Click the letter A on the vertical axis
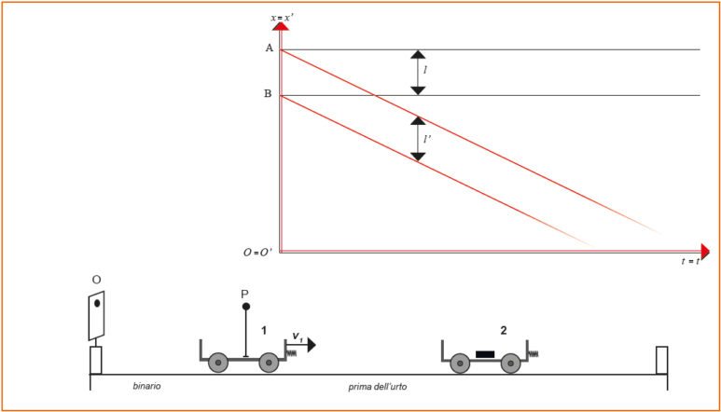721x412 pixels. [x=269, y=48]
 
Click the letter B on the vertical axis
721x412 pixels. [x=268, y=94]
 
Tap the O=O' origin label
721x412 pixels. [x=258, y=252]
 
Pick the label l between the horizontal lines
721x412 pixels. [x=425, y=71]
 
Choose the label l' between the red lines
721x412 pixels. [x=426, y=139]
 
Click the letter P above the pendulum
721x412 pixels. [x=245, y=294]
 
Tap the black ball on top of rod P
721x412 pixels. [x=245, y=307]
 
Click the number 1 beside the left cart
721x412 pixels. [x=265, y=330]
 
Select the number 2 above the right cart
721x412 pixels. [x=503, y=330]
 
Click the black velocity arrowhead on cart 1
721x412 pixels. [x=311, y=345]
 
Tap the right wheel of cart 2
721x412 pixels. [x=509, y=364]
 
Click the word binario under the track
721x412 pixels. [x=146, y=386]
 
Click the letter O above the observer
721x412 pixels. [x=96, y=280]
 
